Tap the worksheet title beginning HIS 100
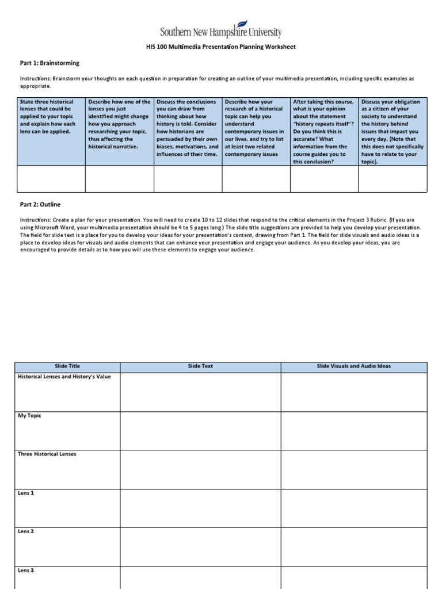(221, 47)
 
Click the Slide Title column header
(67, 366)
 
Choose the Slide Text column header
(200, 366)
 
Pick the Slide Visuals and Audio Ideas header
(353, 366)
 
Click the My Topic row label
(30, 415)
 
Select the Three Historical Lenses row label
(47, 454)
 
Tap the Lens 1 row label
(26, 493)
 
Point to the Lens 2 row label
(26, 531)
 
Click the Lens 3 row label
(26, 570)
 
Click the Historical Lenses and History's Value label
(64, 377)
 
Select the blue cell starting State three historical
(52, 132)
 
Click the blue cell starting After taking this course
(324, 132)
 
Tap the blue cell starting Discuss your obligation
(393, 132)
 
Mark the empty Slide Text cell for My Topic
(200, 430)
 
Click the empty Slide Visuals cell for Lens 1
(353, 507)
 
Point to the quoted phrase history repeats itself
(323, 124)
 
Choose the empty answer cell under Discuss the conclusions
(188, 179)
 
